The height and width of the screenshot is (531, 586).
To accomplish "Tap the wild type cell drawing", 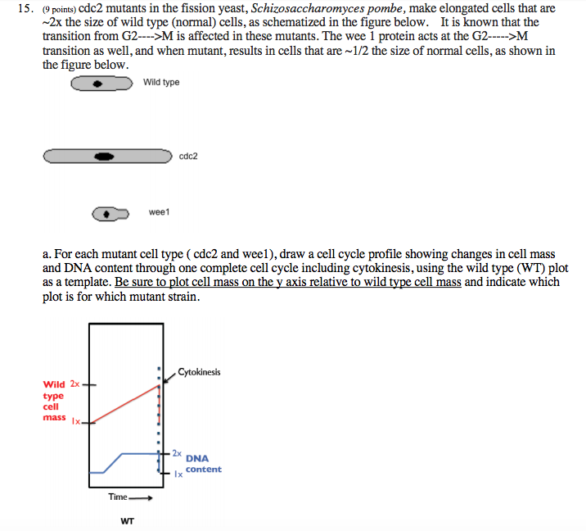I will tap(101, 84).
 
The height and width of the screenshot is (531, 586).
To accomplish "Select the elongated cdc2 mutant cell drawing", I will tap(107, 156).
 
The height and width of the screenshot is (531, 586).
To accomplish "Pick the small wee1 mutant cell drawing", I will tap(110, 214).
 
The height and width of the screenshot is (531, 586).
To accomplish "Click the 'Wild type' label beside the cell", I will tap(161, 83).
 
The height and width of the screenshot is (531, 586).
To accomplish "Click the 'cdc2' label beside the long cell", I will tap(188, 156).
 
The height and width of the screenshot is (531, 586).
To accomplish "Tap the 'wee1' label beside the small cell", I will tap(159, 213).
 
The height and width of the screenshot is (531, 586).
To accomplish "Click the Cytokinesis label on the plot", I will tap(199, 373).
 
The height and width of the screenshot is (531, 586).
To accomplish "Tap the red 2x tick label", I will tap(75, 383).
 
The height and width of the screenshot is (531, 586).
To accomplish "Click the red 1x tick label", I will tap(76, 422).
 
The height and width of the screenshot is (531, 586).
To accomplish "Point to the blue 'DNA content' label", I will tap(202, 464).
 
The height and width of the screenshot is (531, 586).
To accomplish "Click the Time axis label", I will tap(119, 497).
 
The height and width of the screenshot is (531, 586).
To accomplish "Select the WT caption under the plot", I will tap(127, 521).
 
